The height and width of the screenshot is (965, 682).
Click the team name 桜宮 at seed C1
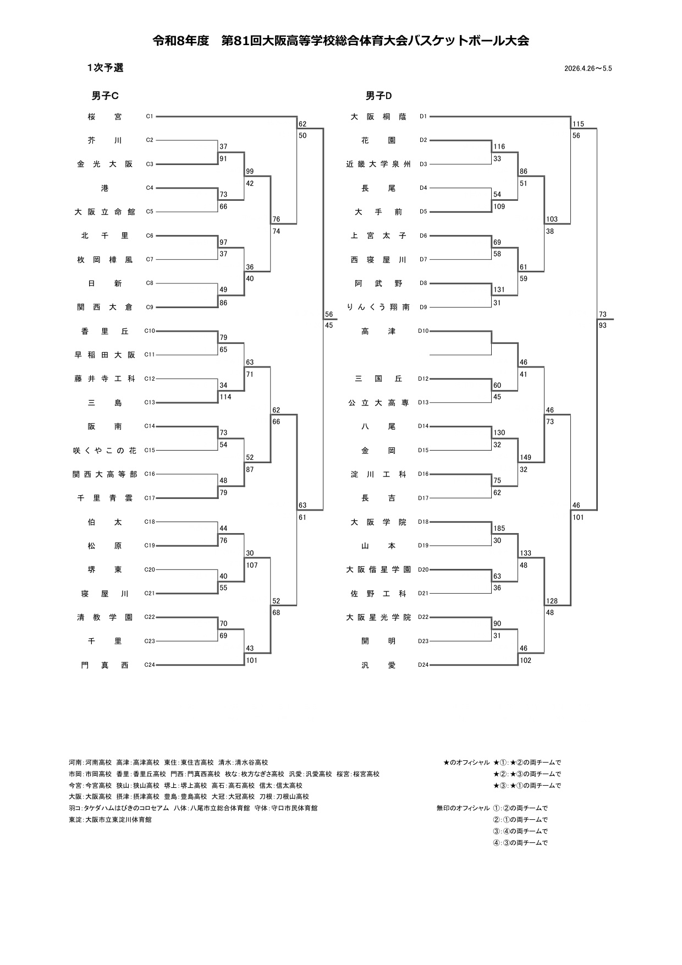pos(105,117)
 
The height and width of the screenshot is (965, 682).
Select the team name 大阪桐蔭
pos(378,117)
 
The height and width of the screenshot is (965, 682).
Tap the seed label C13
pos(150,403)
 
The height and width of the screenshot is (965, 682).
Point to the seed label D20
pos(423,569)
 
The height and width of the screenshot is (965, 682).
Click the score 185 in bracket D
pos(499,529)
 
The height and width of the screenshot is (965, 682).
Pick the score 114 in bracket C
pos(225,397)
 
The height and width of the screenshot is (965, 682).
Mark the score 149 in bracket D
pos(525,458)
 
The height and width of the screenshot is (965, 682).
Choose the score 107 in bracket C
pos(251,565)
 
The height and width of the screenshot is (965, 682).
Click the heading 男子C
pos(105,96)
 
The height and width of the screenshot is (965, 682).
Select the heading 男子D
pos(379,96)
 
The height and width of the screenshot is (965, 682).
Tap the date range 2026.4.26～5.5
pos(588,69)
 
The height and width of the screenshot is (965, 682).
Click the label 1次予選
pos(105,68)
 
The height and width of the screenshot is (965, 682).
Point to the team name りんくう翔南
pos(378,308)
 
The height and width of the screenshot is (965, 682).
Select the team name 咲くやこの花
pos(105,451)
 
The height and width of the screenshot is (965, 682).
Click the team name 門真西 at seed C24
pos(105,665)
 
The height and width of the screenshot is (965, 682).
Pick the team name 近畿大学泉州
pos(378,165)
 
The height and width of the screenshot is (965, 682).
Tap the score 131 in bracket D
pos(499,290)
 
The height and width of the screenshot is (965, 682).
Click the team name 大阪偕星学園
pos(378,570)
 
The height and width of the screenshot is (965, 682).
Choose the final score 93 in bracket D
pos(603,326)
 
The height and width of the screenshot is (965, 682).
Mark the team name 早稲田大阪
pos(105,355)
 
